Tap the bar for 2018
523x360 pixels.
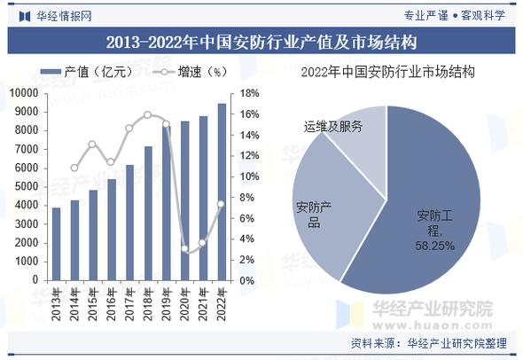tap(148, 213)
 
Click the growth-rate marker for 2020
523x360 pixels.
tap(184, 249)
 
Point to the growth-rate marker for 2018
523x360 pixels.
tap(148, 114)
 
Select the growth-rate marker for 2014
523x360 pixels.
tap(74, 168)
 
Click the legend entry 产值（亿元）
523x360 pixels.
tap(88, 72)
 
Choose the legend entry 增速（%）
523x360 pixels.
tap(191, 72)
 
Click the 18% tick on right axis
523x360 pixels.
tap(249, 92)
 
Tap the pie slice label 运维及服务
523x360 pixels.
tap(332, 127)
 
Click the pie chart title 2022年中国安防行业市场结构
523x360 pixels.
tap(387, 73)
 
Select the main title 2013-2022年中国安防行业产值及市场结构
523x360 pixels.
tap(261, 42)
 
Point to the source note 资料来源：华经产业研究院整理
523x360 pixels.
tap(429, 344)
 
